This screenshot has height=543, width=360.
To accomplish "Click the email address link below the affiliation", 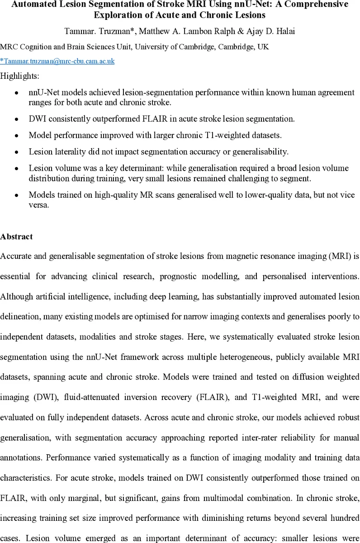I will pos(57,61).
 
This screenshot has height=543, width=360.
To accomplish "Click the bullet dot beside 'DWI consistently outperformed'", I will pos(17,119).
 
